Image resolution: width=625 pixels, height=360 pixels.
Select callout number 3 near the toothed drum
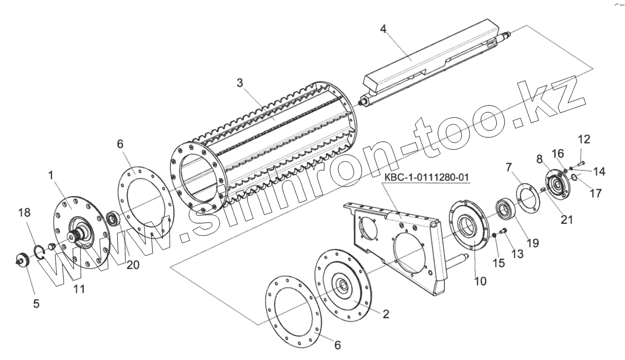(x=240, y=83)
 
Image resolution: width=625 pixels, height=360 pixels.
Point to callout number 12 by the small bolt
(x=583, y=140)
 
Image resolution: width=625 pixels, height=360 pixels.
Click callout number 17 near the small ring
(x=595, y=194)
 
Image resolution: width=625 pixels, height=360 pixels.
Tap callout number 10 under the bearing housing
(x=480, y=282)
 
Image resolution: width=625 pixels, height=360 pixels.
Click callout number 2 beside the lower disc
(x=386, y=314)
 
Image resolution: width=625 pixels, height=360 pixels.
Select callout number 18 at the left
(x=24, y=213)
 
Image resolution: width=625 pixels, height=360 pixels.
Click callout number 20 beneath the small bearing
(x=133, y=265)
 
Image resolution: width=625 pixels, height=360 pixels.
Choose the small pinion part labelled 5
(x=22, y=259)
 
